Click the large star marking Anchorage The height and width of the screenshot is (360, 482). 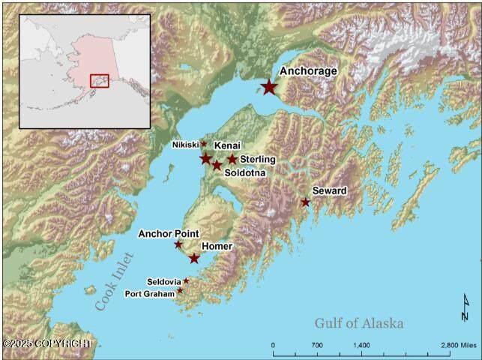coord(269,87)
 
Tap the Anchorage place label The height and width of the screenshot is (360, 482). coord(308,71)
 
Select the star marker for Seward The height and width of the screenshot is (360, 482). coord(305,202)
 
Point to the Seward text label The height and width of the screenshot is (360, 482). coord(329,191)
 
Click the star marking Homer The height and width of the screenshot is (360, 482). coord(194,258)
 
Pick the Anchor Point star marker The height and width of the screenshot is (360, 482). coord(178,244)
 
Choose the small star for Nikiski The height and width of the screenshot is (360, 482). coord(203,143)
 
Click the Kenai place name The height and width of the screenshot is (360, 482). coord(227,144)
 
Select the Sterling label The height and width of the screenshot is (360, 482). coord(257,160)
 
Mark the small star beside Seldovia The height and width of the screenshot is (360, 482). coord(186,281)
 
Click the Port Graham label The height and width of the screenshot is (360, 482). coord(150,293)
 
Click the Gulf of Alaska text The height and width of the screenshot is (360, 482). coord(358,323)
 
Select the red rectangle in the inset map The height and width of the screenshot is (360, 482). coord(100,80)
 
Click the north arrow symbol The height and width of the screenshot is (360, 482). coord(465,304)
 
